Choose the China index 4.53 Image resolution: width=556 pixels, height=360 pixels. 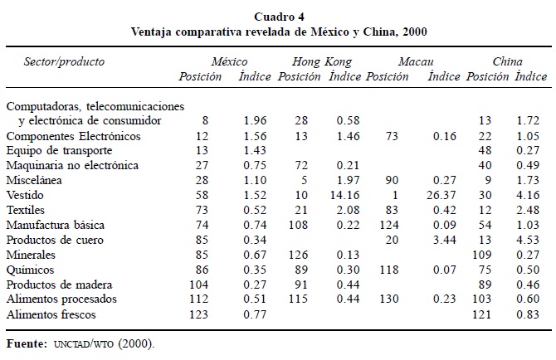tap(531, 240)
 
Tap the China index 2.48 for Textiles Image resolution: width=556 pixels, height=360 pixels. tap(531, 210)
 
